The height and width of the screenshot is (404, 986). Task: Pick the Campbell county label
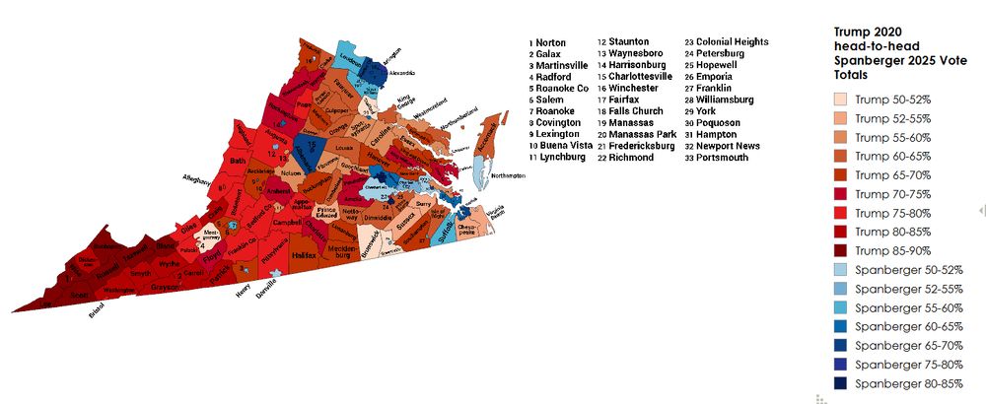click(288, 223)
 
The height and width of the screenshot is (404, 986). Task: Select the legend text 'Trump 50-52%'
click(891, 100)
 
